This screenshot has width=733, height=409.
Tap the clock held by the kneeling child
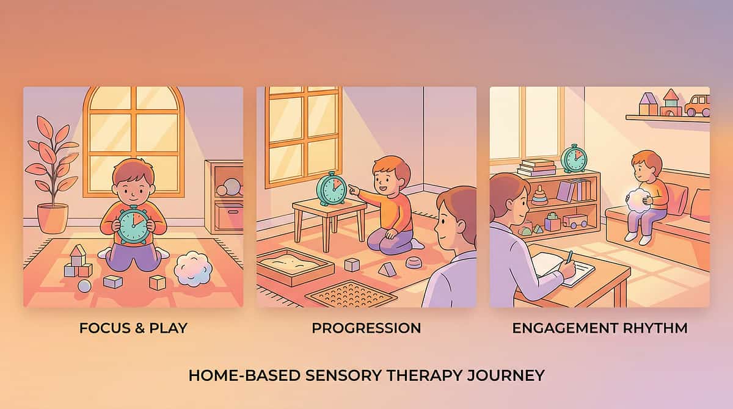(x=133, y=225)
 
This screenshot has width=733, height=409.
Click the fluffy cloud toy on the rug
(x=193, y=269)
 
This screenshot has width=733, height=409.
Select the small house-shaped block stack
(x=78, y=261)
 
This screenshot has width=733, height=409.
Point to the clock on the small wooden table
(x=332, y=188)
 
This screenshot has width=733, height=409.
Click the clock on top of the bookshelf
(x=574, y=159)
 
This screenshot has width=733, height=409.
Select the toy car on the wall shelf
(x=697, y=105)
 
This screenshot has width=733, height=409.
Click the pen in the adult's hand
(x=569, y=256)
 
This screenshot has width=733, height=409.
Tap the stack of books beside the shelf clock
(x=536, y=167)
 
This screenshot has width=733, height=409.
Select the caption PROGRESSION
(x=366, y=328)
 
